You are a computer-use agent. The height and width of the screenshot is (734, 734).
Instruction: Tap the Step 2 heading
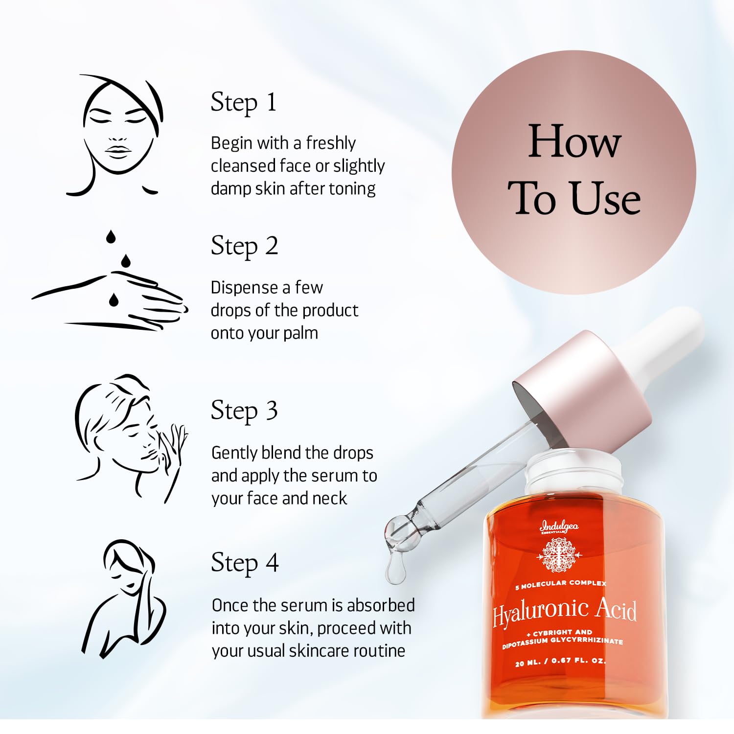click(x=244, y=247)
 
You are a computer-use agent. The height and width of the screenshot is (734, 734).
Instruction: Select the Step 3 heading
click(x=244, y=411)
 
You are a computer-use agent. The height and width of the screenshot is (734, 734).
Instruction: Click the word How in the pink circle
click(x=574, y=141)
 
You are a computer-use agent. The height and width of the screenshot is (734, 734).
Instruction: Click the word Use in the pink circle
click(x=606, y=198)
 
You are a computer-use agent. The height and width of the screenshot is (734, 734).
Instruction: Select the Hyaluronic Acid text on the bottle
click(x=565, y=612)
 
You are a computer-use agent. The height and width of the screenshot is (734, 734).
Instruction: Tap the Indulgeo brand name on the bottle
click(x=559, y=527)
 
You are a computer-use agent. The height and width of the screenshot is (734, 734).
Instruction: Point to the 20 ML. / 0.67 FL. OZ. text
click(x=560, y=662)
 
